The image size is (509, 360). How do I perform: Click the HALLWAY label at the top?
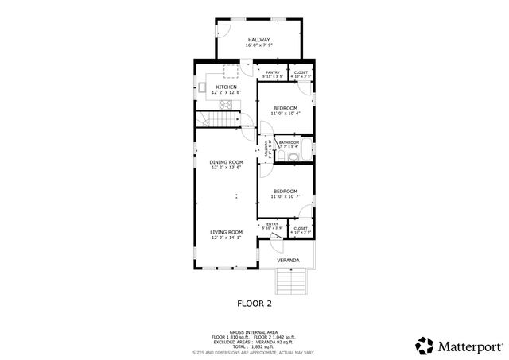(258, 40)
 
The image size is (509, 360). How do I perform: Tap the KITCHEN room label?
(227, 87)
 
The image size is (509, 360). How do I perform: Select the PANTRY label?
(273, 72)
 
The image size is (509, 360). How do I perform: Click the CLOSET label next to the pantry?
(301, 72)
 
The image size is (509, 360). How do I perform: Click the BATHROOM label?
(289, 142)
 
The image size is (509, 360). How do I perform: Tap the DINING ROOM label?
(227, 161)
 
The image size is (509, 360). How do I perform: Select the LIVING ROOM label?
(227, 231)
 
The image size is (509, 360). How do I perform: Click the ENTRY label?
(272, 224)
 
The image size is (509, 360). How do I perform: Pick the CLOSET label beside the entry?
(301, 228)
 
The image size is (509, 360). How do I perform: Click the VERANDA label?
(288, 260)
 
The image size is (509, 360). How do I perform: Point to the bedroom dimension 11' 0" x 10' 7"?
(285, 197)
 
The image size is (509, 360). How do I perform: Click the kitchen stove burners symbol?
(225, 103)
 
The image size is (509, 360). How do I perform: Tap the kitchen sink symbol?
(204, 88)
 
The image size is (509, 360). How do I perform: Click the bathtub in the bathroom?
(308, 151)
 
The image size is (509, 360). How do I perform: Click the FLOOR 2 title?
(254, 304)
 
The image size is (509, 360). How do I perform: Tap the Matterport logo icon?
(423, 346)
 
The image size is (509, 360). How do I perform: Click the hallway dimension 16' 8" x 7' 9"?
(258, 46)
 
